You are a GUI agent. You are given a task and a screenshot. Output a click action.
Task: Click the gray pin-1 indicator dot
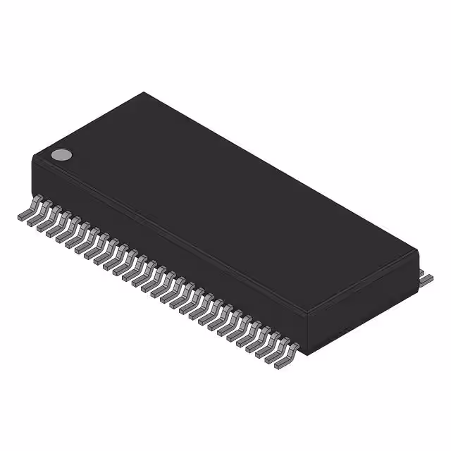click(x=62, y=155)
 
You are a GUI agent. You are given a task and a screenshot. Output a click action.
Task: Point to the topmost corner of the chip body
click(x=144, y=92)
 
